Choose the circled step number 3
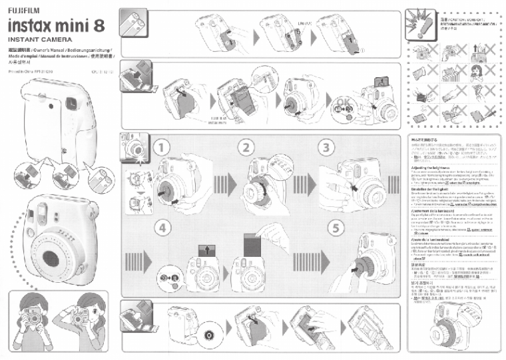[326, 146]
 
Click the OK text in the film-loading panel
[344, 102]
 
